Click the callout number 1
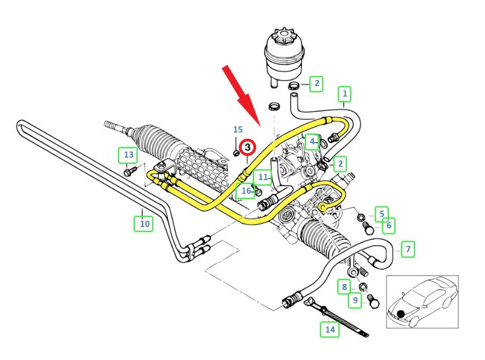tap(345, 94)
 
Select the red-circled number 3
tap(247, 148)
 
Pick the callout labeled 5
tap(382, 214)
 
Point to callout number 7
tap(408, 249)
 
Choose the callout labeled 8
tap(345, 288)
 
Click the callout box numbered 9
tap(355, 301)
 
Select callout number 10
tap(144, 224)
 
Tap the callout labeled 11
tap(263, 178)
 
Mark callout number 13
tap(129, 154)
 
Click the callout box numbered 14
tap(330, 329)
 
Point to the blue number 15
tap(238, 130)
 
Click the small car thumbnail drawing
tap(422, 302)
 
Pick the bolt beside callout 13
tap(130, 171)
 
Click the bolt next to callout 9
tap(374, 302)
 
